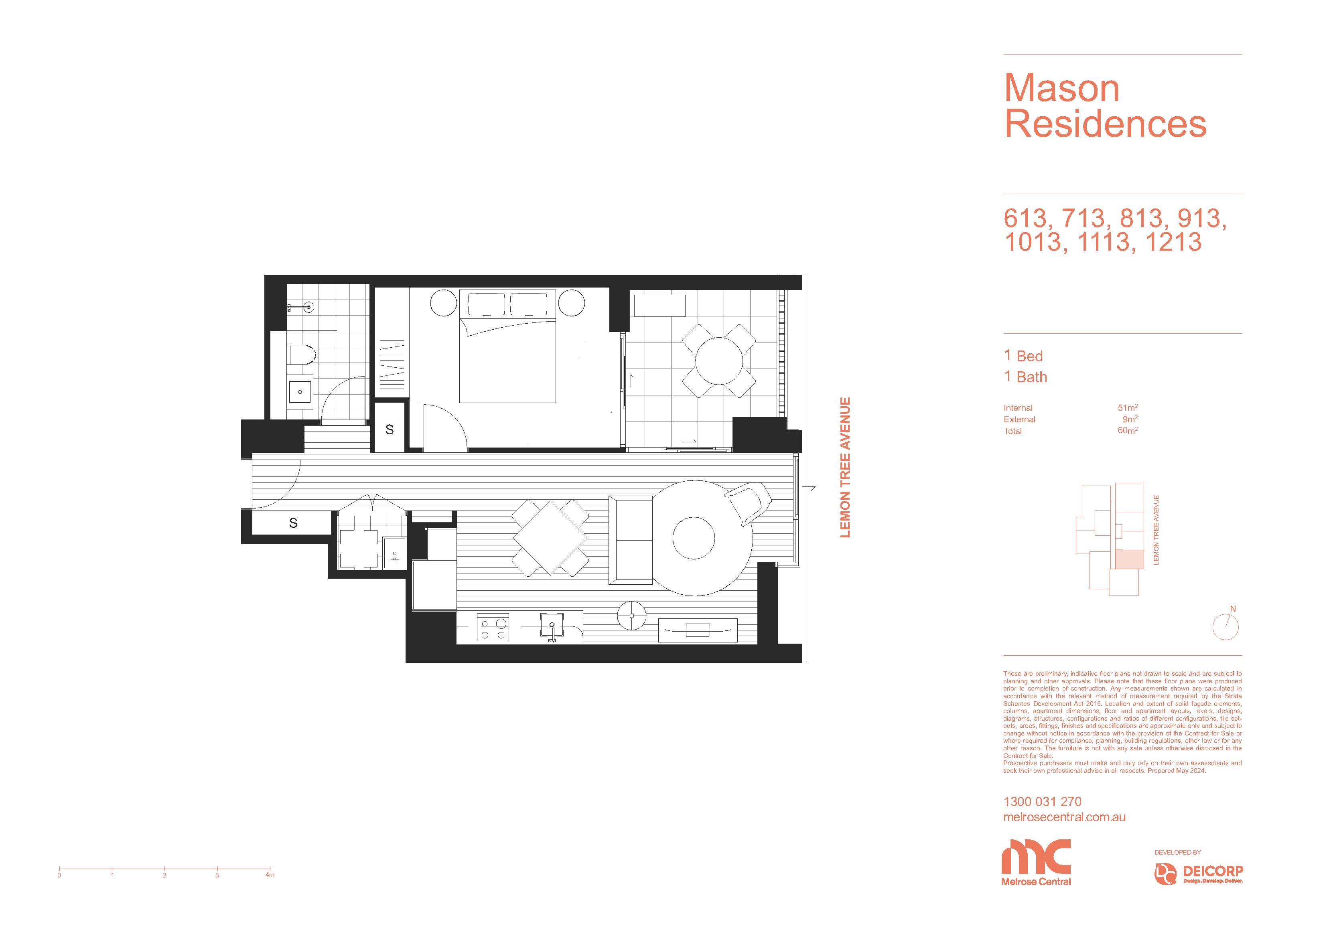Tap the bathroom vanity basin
pyautogui.click(x=300, y=392)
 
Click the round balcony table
pyautogui.click(x=719, y=361)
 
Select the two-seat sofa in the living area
pyautogui.click(x=631, y=540)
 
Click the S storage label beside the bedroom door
pyautogui.click(x=390, y=429)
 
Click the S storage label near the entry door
pyautogui.click(x=293, y=523)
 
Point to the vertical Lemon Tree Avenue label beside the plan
pyautogui.click(x=845, y=468)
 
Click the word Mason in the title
pyautogui.click(x=1062, y=88)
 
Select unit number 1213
pyautogui.click(x=1173, y=241)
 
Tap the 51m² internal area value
pyautogui.click(x=1128, y=407)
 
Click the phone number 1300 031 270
pyautogui.click(x=1042, y=802)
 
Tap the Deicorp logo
pyautogui.click(x=1199, y=874)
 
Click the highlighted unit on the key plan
pyautogui.click(x=1129, y=559)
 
